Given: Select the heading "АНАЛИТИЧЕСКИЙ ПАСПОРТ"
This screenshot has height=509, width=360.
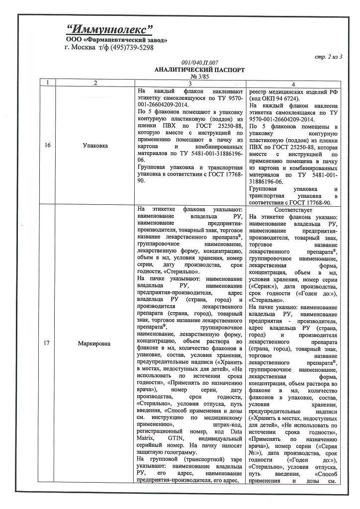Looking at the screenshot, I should pyautogui.click(x=200, y=70).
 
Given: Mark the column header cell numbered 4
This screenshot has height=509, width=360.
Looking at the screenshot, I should pyautogui.click(x=293, y=84).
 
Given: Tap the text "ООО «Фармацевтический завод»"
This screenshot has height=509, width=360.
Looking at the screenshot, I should pyautogui.click(x=116, y=39).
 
